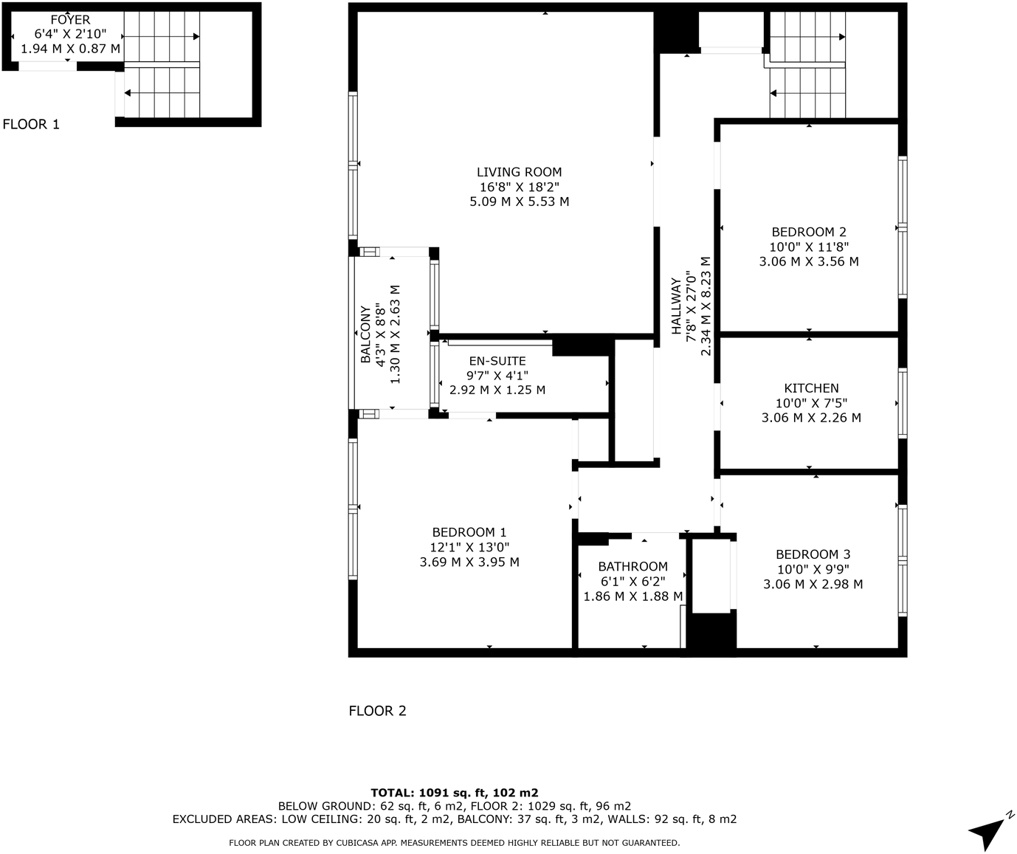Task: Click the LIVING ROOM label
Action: click(519, 172)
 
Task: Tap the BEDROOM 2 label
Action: click(809, 232)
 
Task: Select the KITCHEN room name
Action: click(811, 388)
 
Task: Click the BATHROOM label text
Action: click(632, 567)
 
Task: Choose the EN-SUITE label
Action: click(497, 361)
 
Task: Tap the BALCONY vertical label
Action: click(365, 334)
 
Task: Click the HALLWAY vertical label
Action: click(676, 306)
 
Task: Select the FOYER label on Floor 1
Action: click(70, 20)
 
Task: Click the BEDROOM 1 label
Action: click(469, 532)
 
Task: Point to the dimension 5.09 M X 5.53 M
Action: click(519, 202)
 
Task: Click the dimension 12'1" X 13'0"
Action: click(469, 547)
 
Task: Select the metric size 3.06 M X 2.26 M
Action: click(811, 418)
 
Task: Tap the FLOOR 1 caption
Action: click(31, 124)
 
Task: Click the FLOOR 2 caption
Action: click(377, 711)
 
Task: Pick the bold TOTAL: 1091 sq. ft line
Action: click(454, 793)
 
